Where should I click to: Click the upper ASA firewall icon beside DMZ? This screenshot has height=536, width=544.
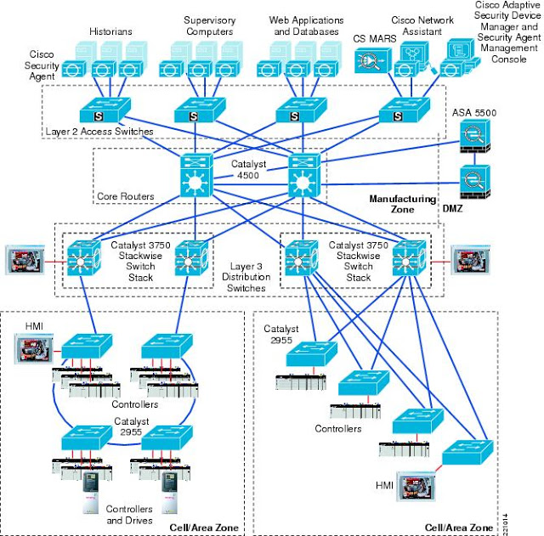(472, 136)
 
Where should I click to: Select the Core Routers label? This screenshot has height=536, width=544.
(125, 196)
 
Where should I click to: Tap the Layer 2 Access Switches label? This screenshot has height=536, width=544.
(99, 132)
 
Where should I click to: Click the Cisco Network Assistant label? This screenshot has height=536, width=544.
(422, 25)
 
